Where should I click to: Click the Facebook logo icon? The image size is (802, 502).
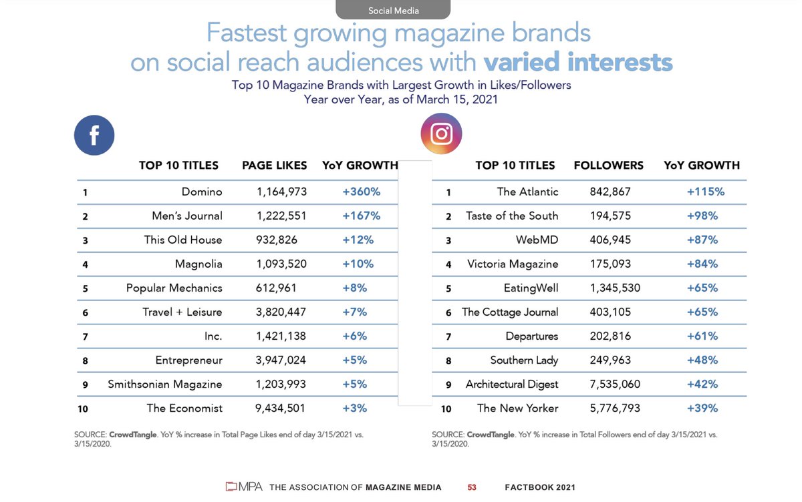94,136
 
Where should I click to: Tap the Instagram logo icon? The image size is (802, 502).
441,134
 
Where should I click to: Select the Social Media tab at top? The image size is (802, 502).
393,10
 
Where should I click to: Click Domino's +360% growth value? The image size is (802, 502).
361,192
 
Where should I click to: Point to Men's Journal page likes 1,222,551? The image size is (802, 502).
281,216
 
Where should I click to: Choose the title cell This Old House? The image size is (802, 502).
183,240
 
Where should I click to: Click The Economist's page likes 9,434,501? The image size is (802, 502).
281,409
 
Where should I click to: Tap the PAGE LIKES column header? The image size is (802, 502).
274,166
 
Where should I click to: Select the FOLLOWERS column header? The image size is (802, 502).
608,166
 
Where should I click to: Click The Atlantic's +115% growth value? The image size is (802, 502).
705,192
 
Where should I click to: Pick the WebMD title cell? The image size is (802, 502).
537,240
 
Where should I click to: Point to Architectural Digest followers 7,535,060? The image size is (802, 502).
615,385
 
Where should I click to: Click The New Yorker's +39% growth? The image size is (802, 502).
702,409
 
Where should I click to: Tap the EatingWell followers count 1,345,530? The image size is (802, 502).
615,288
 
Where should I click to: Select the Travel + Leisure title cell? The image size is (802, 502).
182,312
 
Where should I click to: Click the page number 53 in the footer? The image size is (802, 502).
472,488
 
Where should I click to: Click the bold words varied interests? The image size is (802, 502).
577,62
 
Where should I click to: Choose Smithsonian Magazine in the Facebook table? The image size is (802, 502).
164,385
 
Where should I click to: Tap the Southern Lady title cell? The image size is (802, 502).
524,360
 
